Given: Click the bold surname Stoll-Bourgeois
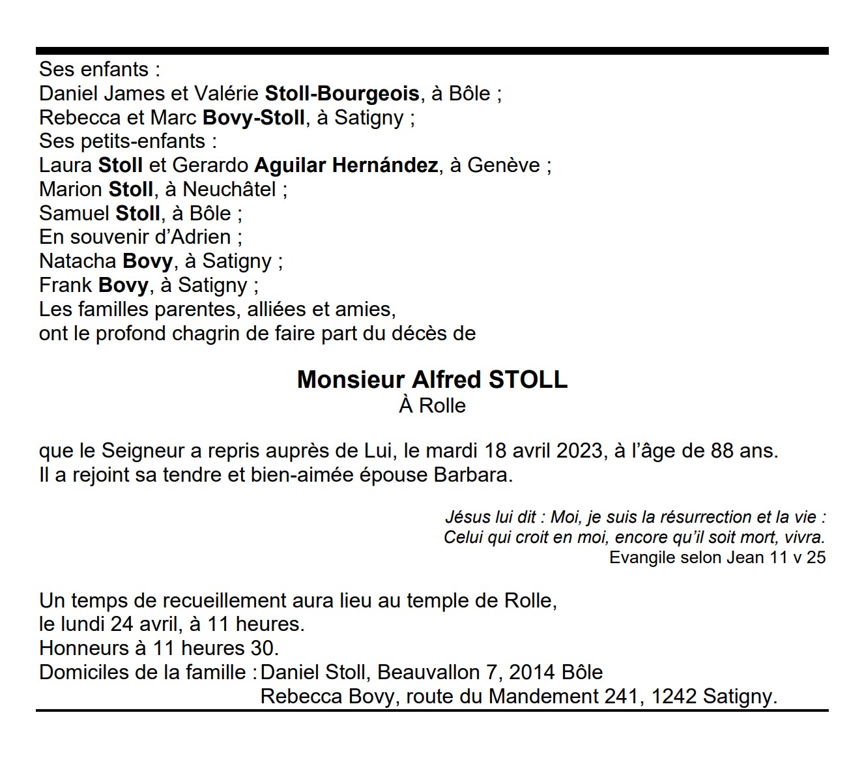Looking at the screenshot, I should (342, 94).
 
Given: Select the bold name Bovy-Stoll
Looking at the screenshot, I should (253, 118).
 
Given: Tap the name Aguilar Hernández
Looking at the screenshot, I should (346, 166).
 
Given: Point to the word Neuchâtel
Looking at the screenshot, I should (229, 190).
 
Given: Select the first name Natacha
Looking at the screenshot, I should (78, 261).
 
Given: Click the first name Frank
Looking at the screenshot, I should (65, 285).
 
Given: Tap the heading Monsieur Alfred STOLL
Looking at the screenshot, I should (432, 380).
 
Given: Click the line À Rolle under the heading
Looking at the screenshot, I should (432, 406).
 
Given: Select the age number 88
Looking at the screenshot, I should (722, 451).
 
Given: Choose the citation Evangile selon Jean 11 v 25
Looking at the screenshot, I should (717, 558).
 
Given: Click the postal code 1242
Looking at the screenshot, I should (674, 697).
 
